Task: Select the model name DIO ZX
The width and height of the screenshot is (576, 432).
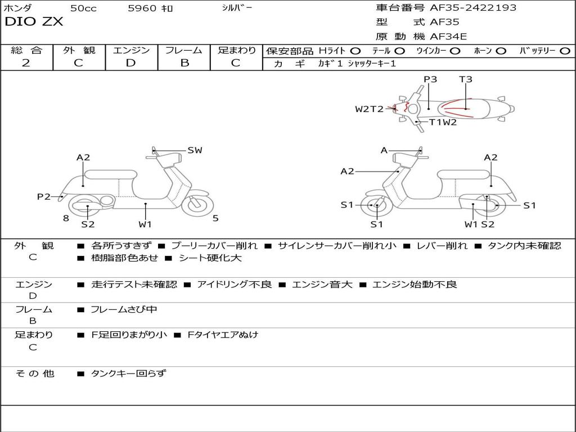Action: tap(34, 22)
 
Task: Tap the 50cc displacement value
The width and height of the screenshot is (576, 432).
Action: tap(83, 8)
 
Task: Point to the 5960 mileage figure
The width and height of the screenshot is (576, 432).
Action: tap(143, 8)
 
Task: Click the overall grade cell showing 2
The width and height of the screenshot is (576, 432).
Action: tap(26, 63)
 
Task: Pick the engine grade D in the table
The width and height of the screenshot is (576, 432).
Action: tap(130, 63)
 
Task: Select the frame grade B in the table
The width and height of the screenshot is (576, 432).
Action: tap(184, 63)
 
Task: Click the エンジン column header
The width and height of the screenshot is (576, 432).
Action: tap(131, 50)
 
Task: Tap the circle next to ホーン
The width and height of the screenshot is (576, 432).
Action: tap(501, 51)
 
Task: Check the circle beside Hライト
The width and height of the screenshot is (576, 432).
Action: tap(355, 51)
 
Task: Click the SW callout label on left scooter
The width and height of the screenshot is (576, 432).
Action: tap(195, 150)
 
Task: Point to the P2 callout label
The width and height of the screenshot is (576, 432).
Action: tap(44, 196)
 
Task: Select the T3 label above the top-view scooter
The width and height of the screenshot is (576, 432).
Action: tap(466, 79)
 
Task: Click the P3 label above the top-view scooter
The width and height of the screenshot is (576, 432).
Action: tap(430, 79)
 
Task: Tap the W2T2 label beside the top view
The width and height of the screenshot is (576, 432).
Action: tap(369, 109)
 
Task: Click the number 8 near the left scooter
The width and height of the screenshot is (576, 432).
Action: tap(66, 218)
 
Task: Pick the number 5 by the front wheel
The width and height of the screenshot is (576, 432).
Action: tap(215, 218)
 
